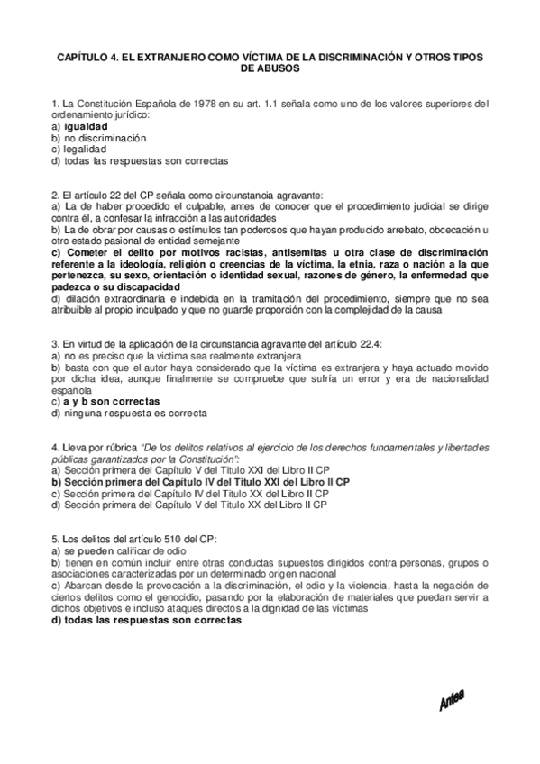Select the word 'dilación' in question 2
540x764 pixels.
(x=84, y=299)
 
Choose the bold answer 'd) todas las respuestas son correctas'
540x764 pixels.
(x=147, y=620)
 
